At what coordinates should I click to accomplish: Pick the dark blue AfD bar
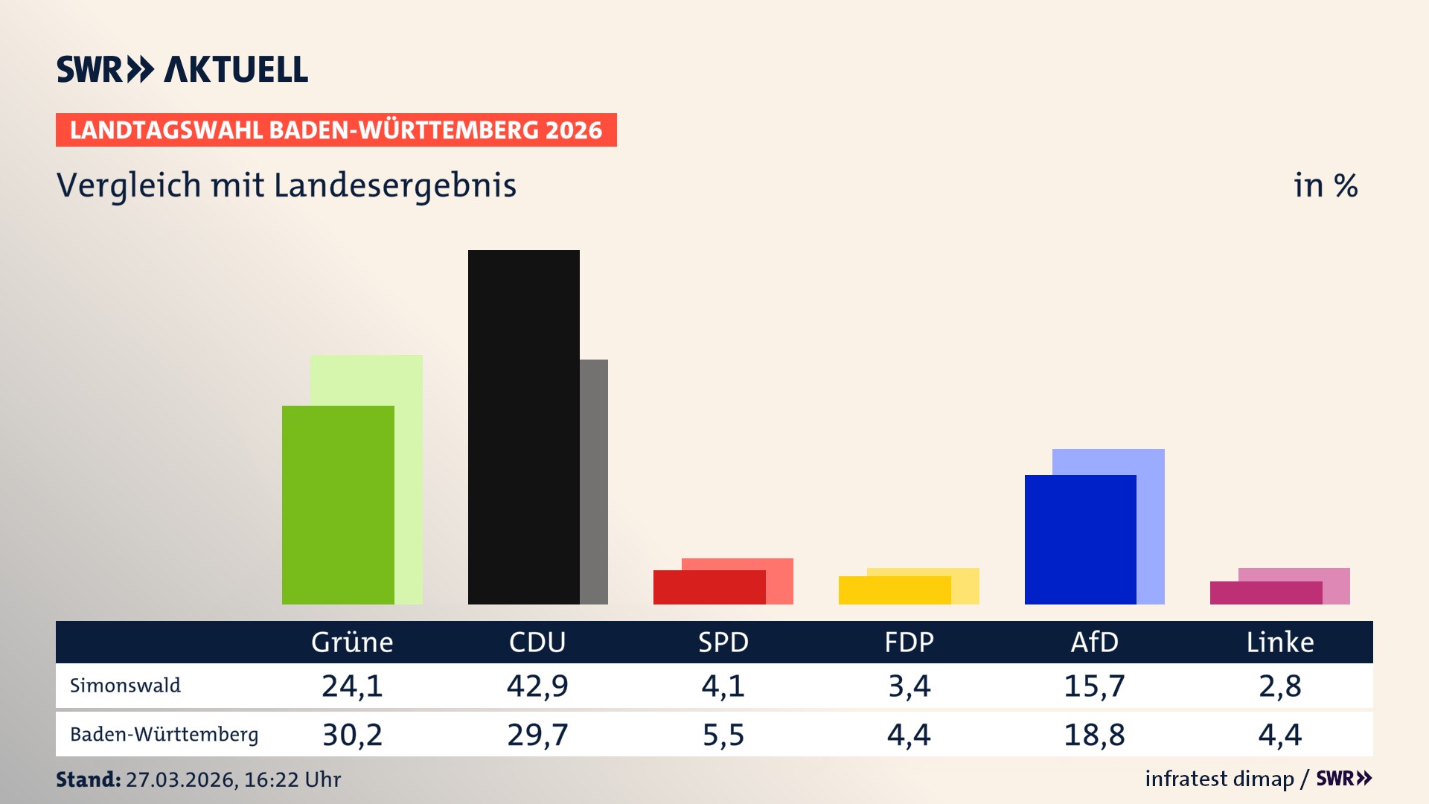coord(1080,539)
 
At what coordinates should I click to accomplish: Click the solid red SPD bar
coord(709,587)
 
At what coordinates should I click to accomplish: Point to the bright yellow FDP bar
coord(894,590)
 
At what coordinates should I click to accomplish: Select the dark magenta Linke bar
coord(1265,593)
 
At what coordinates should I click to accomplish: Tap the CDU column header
coord(537,642)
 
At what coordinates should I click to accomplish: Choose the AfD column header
coord(1094,642)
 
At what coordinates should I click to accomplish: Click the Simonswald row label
coord(125,686)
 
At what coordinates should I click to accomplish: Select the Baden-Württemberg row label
coord(164,735)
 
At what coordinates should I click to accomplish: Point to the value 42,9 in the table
coord(537,686)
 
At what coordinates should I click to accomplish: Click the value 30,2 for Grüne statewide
coord(352,735)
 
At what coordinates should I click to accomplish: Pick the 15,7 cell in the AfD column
coord(1094,686)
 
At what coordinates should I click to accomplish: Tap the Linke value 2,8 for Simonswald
coord(1279,686)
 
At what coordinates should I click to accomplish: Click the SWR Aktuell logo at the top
coord(182,69)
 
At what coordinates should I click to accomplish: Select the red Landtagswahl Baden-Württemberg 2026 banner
coord(336,130)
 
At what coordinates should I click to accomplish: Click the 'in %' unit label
coord(1325,186)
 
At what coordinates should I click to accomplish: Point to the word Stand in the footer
coord(88,779)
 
